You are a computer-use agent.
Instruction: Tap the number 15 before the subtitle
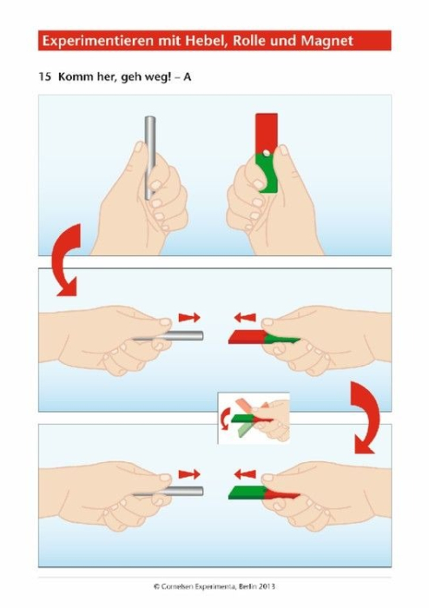coord(44,76)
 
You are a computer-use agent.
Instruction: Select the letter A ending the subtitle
coord(188,76)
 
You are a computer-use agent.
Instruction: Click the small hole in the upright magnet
coord(267,153)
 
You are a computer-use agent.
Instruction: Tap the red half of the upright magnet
coord(267,133)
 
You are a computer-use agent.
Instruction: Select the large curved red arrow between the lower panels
coord(364,418)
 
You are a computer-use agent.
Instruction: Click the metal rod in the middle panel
coord(170,336)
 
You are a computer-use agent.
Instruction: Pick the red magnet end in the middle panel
coord(247,337)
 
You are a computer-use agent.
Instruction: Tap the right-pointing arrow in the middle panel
coord(189,318)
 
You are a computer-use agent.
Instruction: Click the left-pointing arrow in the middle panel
coord(245,318)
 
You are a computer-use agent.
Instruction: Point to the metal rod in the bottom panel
coord(170,492)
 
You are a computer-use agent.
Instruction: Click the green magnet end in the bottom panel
coord(247,492)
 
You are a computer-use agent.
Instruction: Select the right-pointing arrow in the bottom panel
coord(189,474)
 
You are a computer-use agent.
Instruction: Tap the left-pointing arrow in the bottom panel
coord(245,474)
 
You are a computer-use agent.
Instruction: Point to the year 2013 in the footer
coord(267,586)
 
